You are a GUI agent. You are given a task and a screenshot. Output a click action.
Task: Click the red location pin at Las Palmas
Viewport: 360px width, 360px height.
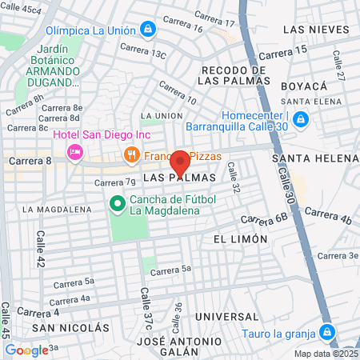180,161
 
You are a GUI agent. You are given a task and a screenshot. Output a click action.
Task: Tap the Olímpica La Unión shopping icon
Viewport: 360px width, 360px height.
148,30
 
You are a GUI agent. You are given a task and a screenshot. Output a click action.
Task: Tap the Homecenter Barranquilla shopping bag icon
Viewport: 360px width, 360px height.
300,119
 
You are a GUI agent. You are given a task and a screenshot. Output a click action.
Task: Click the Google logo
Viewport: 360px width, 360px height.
26,350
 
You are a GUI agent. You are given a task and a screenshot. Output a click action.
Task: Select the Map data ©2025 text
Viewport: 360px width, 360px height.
325,354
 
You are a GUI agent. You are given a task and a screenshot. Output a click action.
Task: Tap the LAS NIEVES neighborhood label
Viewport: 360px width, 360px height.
317,30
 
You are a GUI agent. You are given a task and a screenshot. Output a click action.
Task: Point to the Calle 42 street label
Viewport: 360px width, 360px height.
41,249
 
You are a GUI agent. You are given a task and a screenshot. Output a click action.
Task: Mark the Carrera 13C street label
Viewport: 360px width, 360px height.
142,52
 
